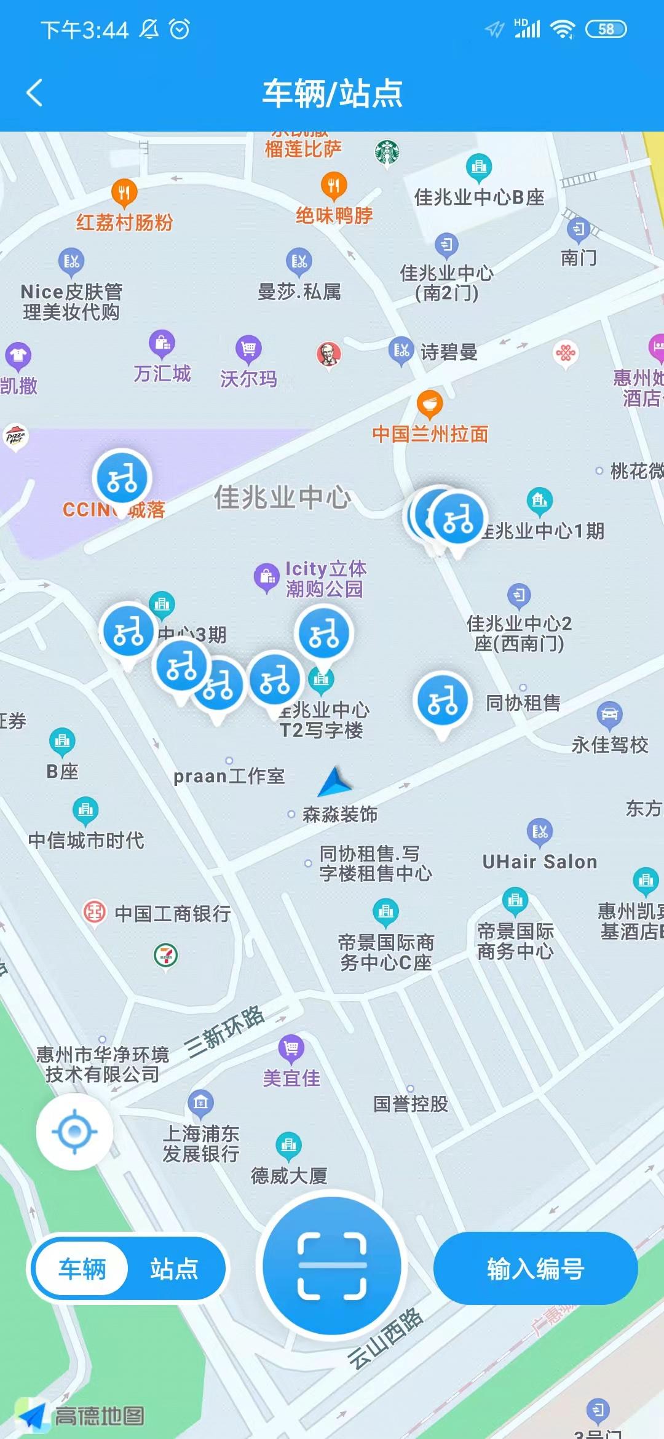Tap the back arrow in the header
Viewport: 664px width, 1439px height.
coord(35,93)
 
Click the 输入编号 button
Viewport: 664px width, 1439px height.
coord(535,1268)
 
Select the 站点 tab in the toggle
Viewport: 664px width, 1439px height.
coord(174,1268)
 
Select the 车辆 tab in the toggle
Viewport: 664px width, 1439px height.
coord(82,1268)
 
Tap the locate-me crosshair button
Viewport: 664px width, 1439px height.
coord(74,1131)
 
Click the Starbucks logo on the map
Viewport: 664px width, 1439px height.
coord(387,151)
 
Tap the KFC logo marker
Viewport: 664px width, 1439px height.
coord(329,354)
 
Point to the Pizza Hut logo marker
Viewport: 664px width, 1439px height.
coord(15,437)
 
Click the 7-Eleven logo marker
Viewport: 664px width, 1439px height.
coord(165,954)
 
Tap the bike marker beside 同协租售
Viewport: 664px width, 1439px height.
coord(442,701)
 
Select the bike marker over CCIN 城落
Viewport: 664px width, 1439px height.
coord(122,478)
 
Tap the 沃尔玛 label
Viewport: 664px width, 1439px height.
coord(248,379)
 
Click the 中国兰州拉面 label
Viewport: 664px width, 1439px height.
coord(430,434)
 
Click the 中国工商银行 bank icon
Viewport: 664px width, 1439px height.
coord(95,912)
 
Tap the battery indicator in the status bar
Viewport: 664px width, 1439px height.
coord(606,29)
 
